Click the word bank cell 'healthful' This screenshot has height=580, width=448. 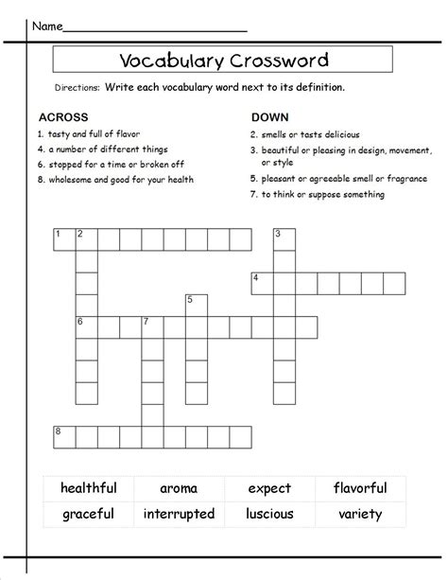coord(89,488)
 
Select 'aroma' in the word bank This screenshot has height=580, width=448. coord(180,488)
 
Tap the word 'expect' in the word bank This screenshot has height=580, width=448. coord(269,488)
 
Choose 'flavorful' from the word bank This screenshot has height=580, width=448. coord(359,488)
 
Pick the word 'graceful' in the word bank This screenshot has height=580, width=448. coord(89,515)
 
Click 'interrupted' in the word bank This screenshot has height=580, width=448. coord(180,515)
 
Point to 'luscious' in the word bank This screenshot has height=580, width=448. coord(269,515)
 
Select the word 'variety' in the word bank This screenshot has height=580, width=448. coord(359,515)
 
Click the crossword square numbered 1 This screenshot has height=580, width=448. coord(63,239)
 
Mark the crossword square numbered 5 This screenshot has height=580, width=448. coord(196,305)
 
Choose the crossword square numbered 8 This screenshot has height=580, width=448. coord(63,436)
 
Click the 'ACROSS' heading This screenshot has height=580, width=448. coord(60,117)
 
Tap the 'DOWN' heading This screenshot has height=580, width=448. coord(269,117)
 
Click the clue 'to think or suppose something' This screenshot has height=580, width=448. coord(322,195)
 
